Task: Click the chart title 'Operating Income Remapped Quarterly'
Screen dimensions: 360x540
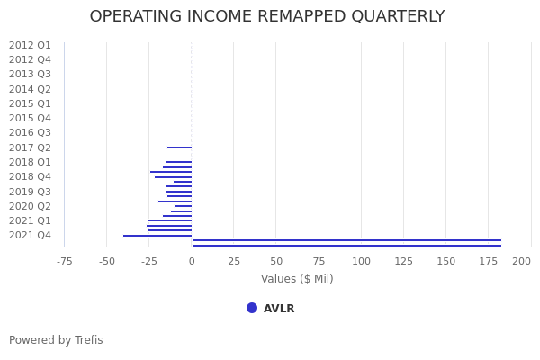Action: [x=267, y=17]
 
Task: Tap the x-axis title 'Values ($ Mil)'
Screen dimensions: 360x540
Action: [x=297, y=279]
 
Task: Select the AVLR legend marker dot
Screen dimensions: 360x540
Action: [x=252, y=308]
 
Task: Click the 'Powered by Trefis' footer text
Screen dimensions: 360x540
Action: [x=56, y=340]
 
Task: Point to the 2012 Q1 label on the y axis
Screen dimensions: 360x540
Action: [x=30, y=45]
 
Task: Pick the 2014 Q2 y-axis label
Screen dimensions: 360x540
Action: [x=30, y=89]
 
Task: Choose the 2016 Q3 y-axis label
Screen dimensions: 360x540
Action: [x=30, y=133]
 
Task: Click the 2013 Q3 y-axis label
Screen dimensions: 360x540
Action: [x=30, y=75]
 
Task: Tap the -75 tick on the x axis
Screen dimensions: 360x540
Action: [x=65, y=262]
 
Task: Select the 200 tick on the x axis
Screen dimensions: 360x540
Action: [x=522, y=262]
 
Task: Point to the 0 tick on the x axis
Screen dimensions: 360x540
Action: [x=192, y=262]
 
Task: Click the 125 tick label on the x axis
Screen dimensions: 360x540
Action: [x=403, y=262]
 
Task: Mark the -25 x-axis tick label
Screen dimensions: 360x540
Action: [x=148, y=262]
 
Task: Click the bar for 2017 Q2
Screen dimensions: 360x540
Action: [x=179, y=148]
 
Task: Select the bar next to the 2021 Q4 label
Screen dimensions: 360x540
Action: [x=157, y=236]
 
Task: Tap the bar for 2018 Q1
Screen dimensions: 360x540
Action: [x=179, y=162]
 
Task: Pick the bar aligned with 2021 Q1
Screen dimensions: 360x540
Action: [x=170, y=220]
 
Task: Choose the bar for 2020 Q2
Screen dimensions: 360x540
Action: [x=183, y=206]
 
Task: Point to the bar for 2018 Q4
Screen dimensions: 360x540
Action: [x=173, y=177]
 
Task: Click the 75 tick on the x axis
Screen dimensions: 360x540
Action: [x=319, y=262]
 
